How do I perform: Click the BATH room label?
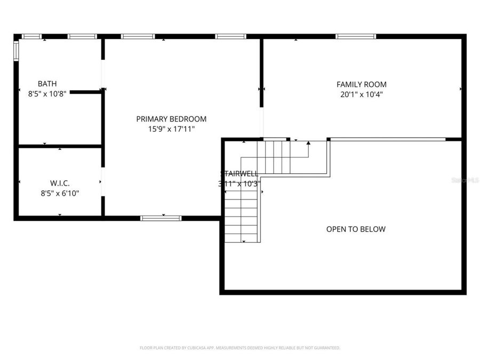pyautogui.click(x=47, y=84)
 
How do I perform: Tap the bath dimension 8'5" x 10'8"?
pyautogui.click(x=47, y=94)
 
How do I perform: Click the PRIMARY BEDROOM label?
pyautogui.click(x=171, y=119)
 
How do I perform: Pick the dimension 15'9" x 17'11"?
pyautogui.click(x=171, y=129)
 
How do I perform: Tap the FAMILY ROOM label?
pyautogui.click(x=361, y=84)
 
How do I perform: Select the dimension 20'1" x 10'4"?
pyautogui.click(x=361, y=94)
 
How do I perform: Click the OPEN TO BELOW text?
pyautogui.click(x=356, y=229)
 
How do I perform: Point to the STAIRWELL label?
pyautogui.click(x=239, y=173)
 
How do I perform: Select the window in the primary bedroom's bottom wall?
pyautogui.click(x=161, y=218)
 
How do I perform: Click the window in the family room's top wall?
pyautogui.click(x=356, y=37)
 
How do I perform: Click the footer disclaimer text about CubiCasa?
pyautogui.click(x=239, y=348)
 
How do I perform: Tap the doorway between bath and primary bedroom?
pyautogui.click(x=103, y=75)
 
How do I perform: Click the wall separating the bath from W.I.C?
pyautogui.click(x=60, y=146)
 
